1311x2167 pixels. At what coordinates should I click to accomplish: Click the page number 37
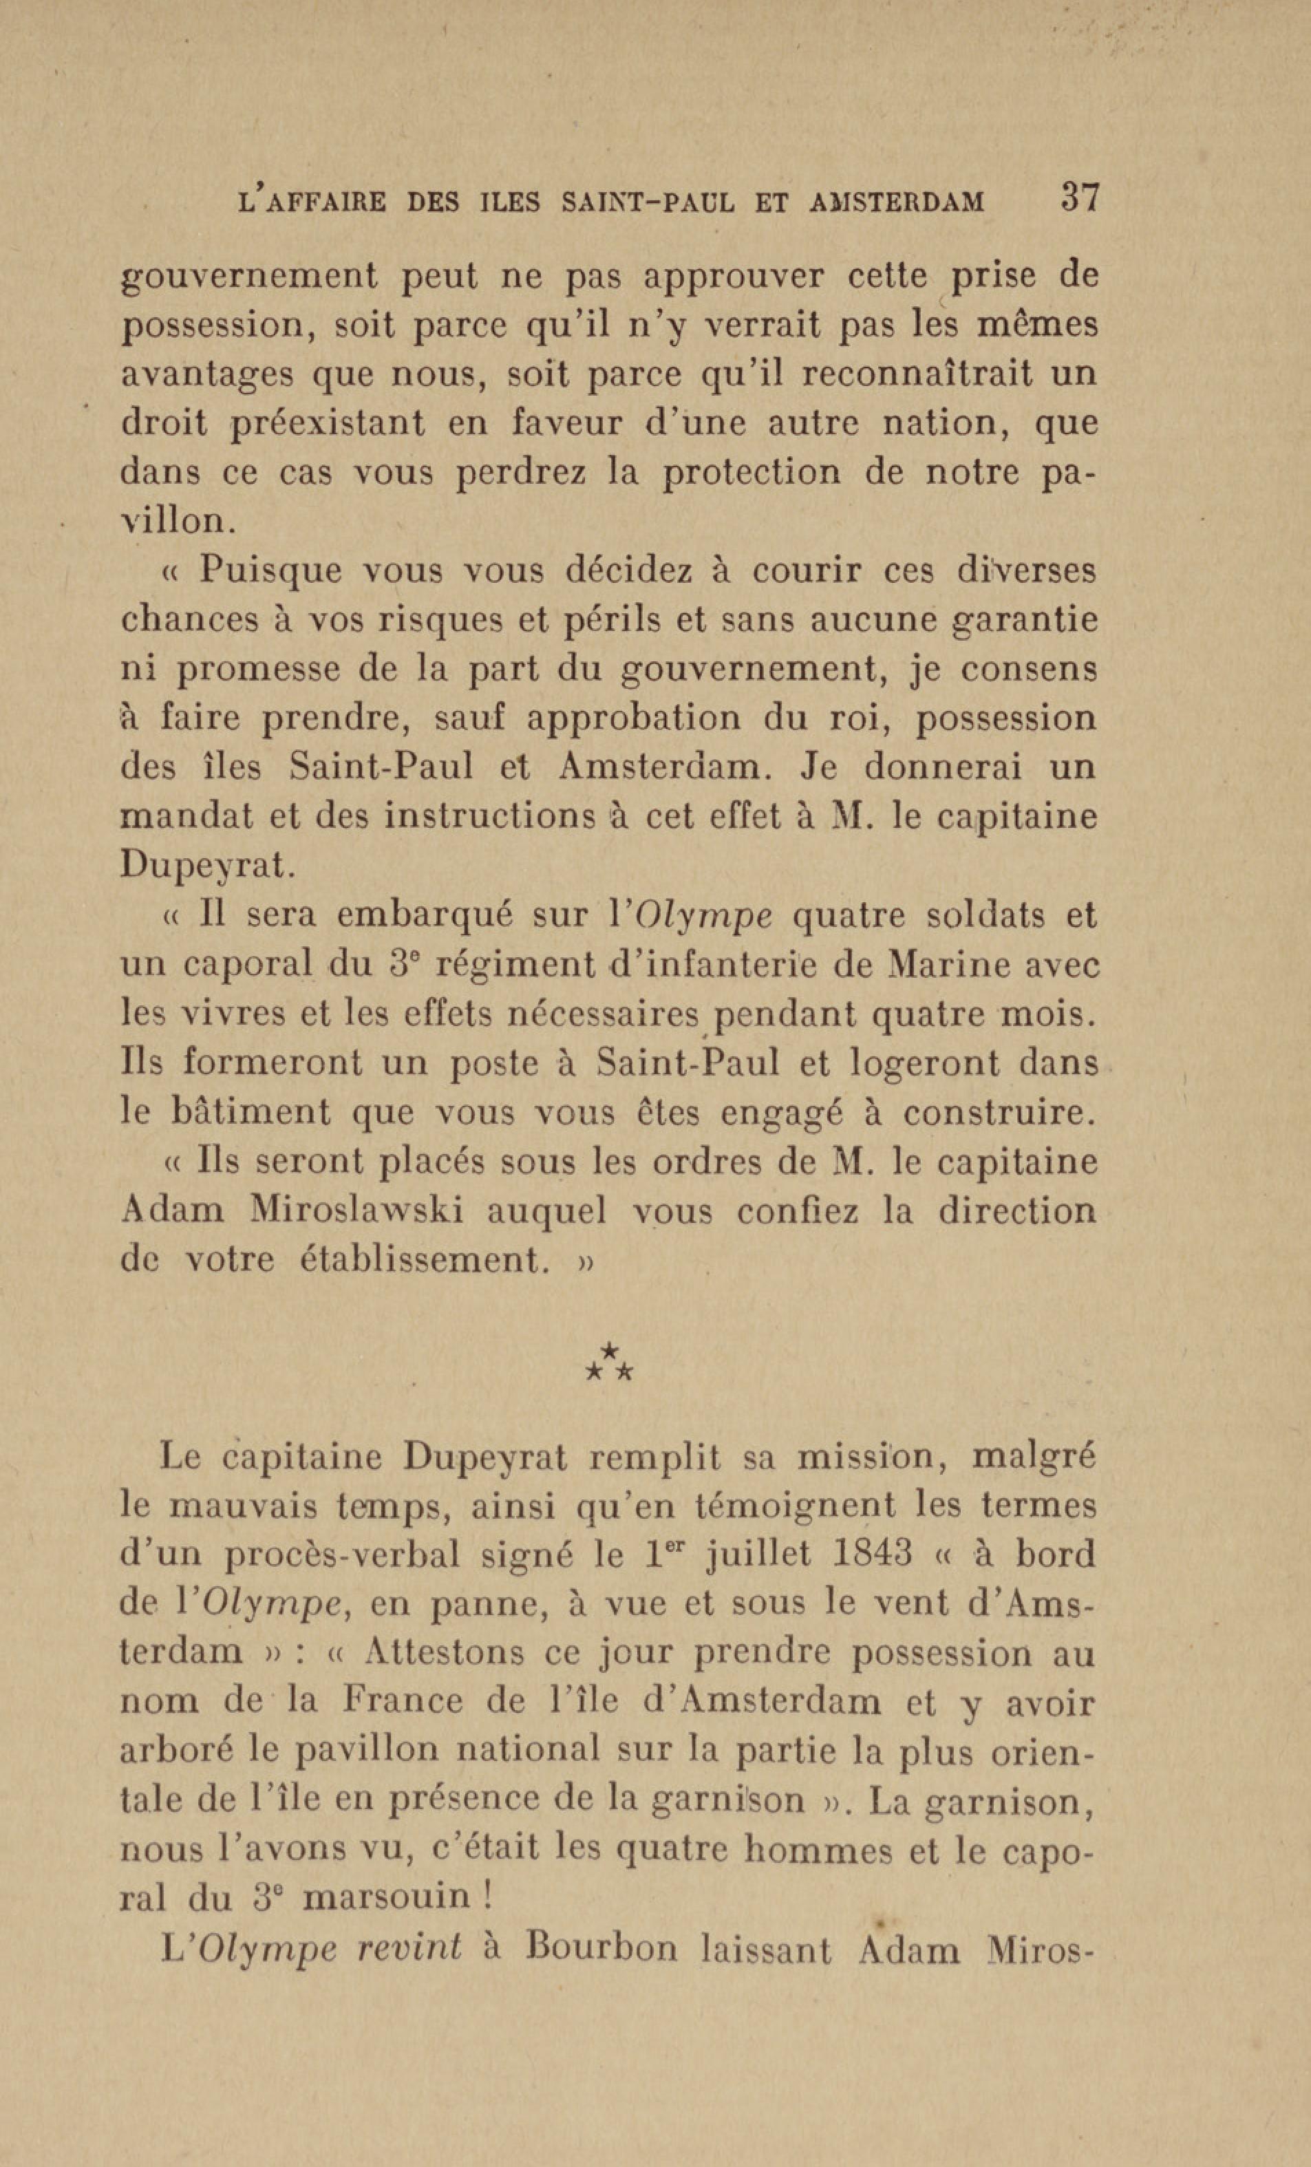tap(1080, 196)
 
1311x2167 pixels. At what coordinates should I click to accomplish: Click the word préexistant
tap(327, 425)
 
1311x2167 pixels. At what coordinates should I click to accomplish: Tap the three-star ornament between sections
tap(609, 1363)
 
